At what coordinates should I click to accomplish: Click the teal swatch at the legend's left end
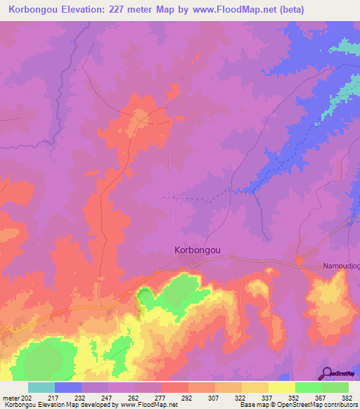[41, 387]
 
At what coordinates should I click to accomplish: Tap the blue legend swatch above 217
[68, 387]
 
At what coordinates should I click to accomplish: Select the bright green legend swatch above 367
[309, 387]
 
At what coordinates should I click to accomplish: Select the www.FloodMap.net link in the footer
[140, 404]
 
